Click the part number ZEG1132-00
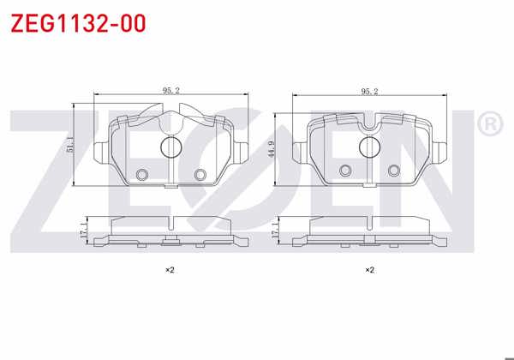77,22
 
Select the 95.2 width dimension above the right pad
370,88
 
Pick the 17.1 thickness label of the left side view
82,230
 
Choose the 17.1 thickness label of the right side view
275,230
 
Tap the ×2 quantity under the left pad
170,270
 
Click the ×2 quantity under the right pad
370,270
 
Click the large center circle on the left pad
170,148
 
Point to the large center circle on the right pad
370,148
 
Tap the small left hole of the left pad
142,175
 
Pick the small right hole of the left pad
200,175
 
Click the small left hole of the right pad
345,170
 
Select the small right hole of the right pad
394,170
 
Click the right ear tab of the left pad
242,153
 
